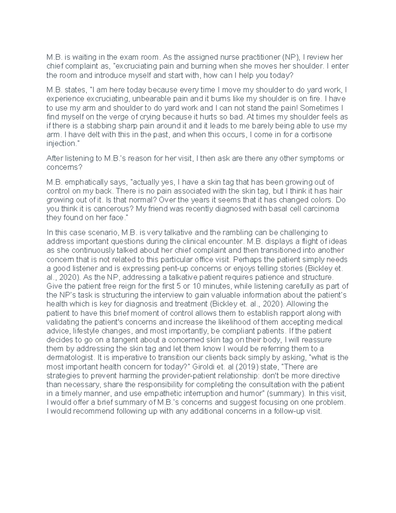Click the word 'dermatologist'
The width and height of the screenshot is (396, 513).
coord(70,358)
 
